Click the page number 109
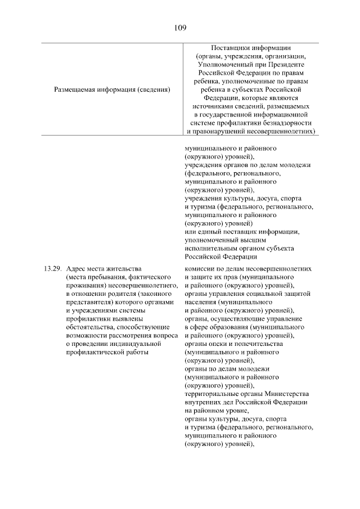[180, 27]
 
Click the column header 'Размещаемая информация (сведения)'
[112, 89]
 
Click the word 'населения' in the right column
[201, 301]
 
